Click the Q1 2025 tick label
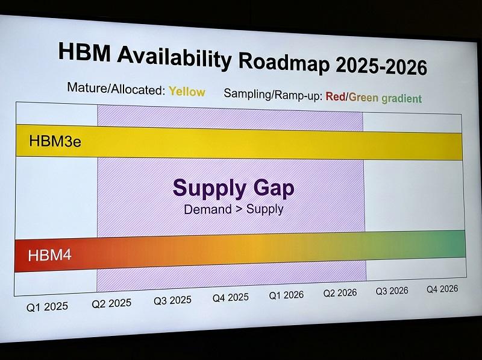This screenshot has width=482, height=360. tap(47, 307)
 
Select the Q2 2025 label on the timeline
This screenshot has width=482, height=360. tap(111, 303)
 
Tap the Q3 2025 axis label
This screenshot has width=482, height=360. tap(172, 300)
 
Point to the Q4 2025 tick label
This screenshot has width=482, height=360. tap(231, 297)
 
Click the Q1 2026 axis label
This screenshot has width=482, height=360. tap(286, 295)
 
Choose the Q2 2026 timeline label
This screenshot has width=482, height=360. tap(340, 292)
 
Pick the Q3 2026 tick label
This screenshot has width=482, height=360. tap(392, 291)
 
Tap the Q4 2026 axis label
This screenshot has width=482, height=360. tap(442, 289)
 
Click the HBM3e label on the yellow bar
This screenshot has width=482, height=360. tap(55, 141)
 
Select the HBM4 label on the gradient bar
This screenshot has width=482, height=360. tap(49, 256)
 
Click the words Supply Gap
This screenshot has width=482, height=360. tap(234, 188)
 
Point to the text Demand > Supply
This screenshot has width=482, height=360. tap(234, 209)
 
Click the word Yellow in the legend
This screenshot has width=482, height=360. tap(187, 92)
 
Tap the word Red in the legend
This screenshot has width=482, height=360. tap(336, 96)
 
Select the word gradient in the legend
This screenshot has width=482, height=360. tap(401, 98)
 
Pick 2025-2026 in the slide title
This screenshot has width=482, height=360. tap(381, 66)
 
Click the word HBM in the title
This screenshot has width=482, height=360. tap(84, 51)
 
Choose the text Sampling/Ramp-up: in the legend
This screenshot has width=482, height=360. tap(273, 94)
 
